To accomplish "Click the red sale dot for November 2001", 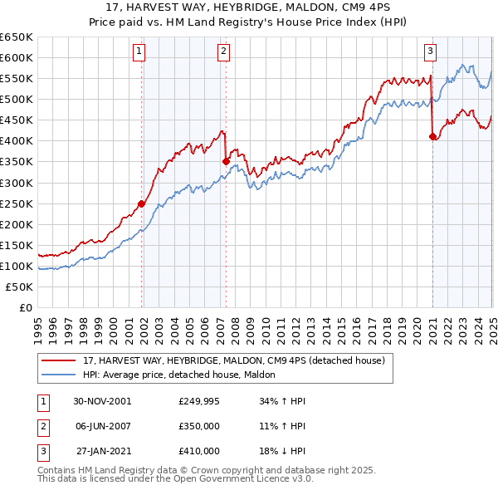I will click(142, 203).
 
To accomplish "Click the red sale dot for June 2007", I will click(226, 161).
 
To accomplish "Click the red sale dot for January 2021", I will click(432, 137).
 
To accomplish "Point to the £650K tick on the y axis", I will click(17, 37).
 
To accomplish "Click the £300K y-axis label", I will click(17, 183).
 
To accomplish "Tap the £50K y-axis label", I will click(20, 287).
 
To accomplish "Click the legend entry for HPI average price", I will click(179, 375).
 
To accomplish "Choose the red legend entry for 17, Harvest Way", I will click(233, 361).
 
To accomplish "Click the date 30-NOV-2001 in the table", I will click(102, 401).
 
